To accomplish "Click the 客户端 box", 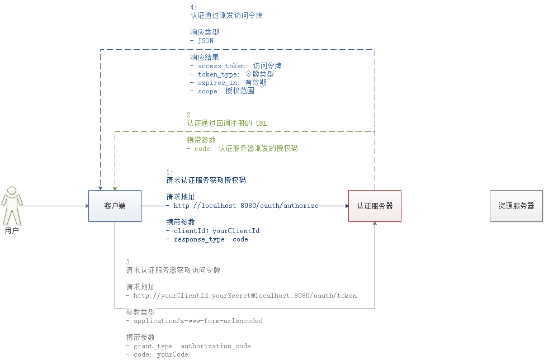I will tap(115, 206).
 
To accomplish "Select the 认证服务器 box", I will tap(375, 206).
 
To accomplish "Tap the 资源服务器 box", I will tap(516, 206).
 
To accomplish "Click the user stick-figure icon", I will tap(12, 205).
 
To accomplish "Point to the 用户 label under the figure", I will tap(12, 230).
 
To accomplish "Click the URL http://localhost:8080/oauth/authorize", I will tap(245, 206).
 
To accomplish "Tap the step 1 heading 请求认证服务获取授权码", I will tap(206, 181).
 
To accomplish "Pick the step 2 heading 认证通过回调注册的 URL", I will tap(227, 123).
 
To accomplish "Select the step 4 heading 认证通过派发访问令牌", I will tap(226, 16).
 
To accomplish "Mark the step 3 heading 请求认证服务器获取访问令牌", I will tap(173, 270).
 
